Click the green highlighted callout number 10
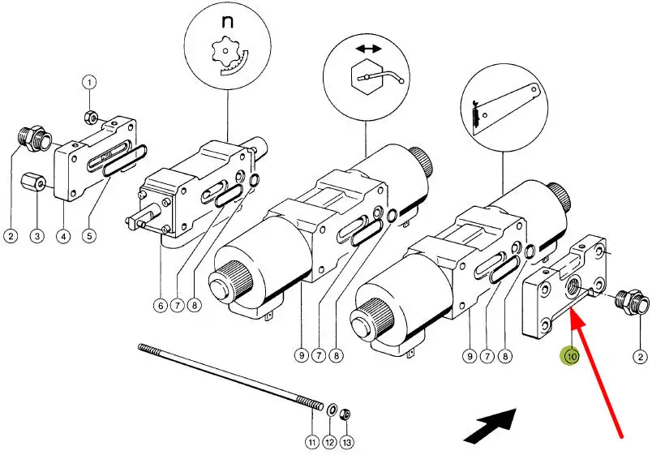pyautogui.click(x=572, y=356)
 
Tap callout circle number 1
pyautogui.click(x=89, y=83)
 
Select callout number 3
pyautogui.click(x=37, y=236)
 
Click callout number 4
pyautogui.click(x=63, y=236)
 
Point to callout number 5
pyautogui.click(x=89, y=236)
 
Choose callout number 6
pyautogui.click(x=160, y=306)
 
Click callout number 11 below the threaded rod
pyautogui.click(x=312, y=442)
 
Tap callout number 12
pyautogui.click(x=329, y=442)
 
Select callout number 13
pyautogui.click(x=346, y=442)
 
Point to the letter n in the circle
pyautogui.click(x=227, y=22)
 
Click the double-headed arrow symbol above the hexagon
pyautogui.click(x=368, y=49)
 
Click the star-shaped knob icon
pyautogui.click(x=225, y=52)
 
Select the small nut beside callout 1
pyautogui.click(x=91, y=118)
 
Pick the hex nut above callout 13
pyautogui.click(x=345, y=414)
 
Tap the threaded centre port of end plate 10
pyautogui.click(x=576, y=286)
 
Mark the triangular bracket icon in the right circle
pyautogui.click(x=506, y=109)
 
